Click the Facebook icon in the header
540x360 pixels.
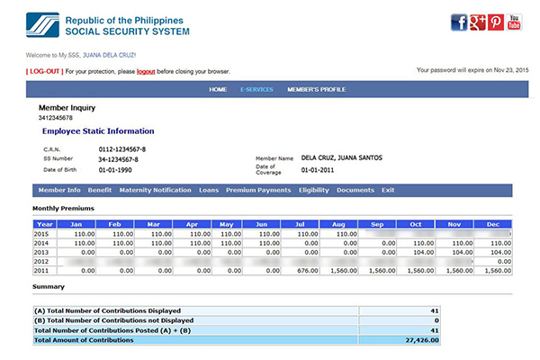point(459,22)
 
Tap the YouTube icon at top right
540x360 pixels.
point(514,22)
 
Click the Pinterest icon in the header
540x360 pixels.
point(496,22)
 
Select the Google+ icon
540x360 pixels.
point(478,22)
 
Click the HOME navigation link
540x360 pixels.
point(218,90)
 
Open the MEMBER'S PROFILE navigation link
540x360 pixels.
point(316,90)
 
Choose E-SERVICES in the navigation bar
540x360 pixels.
point(256,90)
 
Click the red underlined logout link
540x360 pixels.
point(147,71)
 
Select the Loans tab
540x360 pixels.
point(209,190)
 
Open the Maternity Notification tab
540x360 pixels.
point(155,190)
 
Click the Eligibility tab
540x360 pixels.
point(314,190)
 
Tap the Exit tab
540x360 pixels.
point(388,190)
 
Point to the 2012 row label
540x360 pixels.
point(41,261)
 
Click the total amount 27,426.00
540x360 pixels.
point(419,341)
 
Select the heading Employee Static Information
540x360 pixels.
point(98,131)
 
